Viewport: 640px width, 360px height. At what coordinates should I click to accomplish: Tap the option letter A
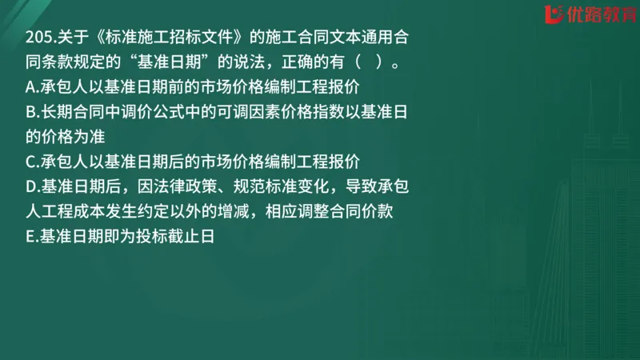point(31,83)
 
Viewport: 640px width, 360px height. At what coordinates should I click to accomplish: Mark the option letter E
point(31,238)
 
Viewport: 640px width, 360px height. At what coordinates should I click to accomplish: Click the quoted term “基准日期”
point(182,62)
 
